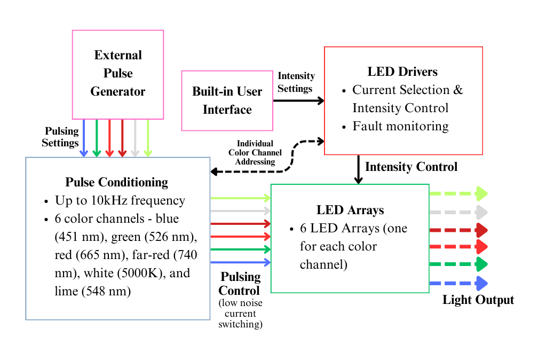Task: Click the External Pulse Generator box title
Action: click(x=117, y=73)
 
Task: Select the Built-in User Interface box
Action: click(x=227, y=100)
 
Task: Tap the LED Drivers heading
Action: click(x=402, y=72)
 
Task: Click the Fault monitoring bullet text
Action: click(x=400, y=127)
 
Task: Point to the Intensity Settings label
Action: click(x=296, y=82)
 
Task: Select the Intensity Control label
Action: click(x=411, y=167)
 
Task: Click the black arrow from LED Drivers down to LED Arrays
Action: click(x=359, y=169)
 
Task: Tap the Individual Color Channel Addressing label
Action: click(x=255, y=152)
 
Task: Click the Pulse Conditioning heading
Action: click(x=116, y=182)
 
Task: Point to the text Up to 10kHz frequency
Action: click(x=120, y=201)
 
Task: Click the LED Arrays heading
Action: click(x=350, y=210)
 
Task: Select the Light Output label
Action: click(x=478, y=300)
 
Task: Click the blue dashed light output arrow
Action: click(x=458, y=283)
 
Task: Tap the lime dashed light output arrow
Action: click(x=458, y=193)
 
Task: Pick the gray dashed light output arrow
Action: click(x=458, y=212)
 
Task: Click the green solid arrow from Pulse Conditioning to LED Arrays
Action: click(x=240, y=249)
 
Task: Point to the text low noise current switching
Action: click(x=240, y=314)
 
